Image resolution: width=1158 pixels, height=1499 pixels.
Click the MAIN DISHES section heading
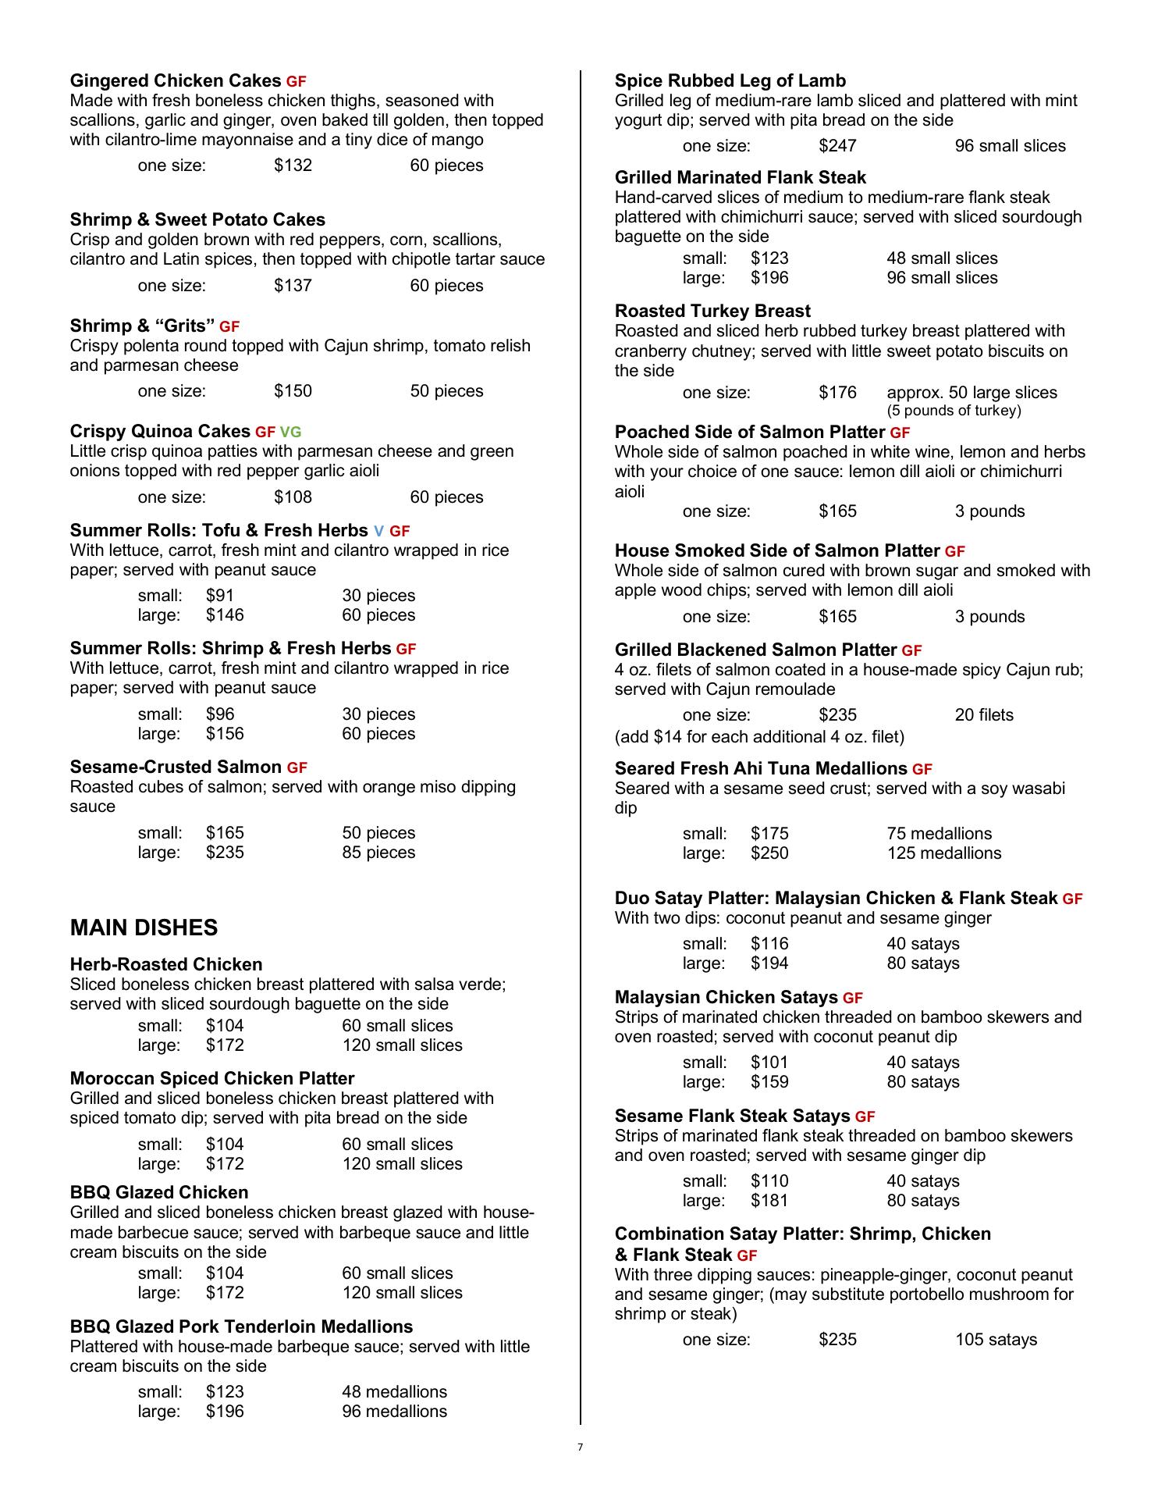[144, 928]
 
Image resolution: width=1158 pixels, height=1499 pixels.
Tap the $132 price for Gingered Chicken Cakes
[293, 166]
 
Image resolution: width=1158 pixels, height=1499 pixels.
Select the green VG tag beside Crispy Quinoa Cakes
[290, 432]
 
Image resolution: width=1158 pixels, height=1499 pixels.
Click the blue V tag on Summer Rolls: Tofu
[378, 532]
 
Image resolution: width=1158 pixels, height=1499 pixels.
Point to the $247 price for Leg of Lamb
[837, 146]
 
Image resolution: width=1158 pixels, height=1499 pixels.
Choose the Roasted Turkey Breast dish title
[712, 311]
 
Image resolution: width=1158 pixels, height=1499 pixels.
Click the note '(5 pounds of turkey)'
[954, 411]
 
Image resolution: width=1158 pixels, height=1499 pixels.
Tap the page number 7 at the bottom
[580, 1447]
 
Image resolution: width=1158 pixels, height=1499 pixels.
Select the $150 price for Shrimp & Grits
[293, 391]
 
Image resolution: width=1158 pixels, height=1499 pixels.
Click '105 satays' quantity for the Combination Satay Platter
[996, 1340]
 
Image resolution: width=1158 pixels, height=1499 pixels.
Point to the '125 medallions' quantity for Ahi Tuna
[943, 853]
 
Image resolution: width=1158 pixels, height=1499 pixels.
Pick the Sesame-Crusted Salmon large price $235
[225, 853]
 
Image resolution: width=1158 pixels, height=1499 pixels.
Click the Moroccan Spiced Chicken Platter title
[212, 1078]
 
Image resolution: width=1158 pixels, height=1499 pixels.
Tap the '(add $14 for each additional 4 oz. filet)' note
[759, 737]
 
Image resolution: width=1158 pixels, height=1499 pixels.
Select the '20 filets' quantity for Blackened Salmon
[984, 715]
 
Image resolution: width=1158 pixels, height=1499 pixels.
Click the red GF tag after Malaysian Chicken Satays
[853, 999]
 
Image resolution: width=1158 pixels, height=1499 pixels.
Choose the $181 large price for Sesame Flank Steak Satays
[769, 1201]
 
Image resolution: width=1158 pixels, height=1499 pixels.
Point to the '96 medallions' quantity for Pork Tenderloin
[394, 1412]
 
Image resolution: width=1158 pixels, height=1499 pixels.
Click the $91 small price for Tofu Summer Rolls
[220, 596]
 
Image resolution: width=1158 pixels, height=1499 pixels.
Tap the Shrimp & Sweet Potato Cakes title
[197, 219]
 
